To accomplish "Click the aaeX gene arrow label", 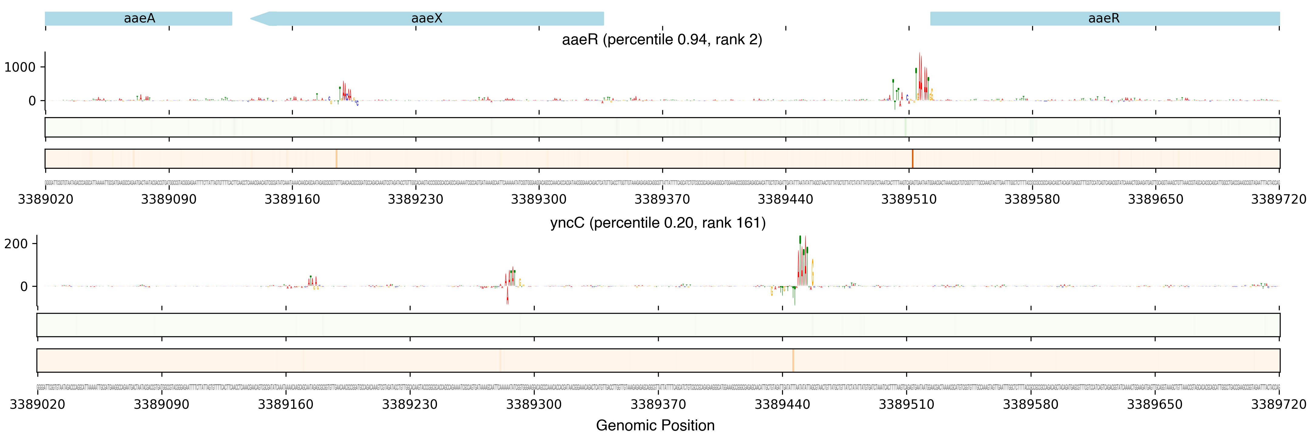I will coord(426,18).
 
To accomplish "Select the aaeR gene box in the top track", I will coord(1104,18).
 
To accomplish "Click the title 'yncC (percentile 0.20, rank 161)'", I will coord(658,223).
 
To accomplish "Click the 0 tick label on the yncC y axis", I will coord(24,286).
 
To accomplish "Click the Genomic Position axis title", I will coord(655,425).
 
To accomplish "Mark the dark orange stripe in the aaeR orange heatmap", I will coord(913,159).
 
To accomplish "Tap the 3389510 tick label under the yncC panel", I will coord(906,405).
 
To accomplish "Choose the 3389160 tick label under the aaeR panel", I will coord(292,199).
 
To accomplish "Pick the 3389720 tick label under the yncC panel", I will coord(1279,405).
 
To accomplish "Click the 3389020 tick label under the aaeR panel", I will coord(46,199).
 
